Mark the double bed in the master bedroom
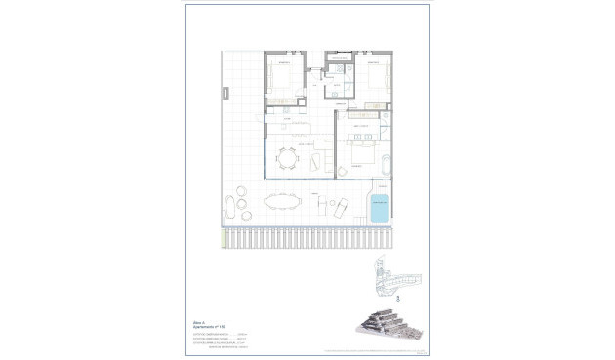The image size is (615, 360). pos(360,154)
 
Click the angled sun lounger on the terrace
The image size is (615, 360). pos(339,208)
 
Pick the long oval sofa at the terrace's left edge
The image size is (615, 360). pos(229,206)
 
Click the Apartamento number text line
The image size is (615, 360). pos(206,323)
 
